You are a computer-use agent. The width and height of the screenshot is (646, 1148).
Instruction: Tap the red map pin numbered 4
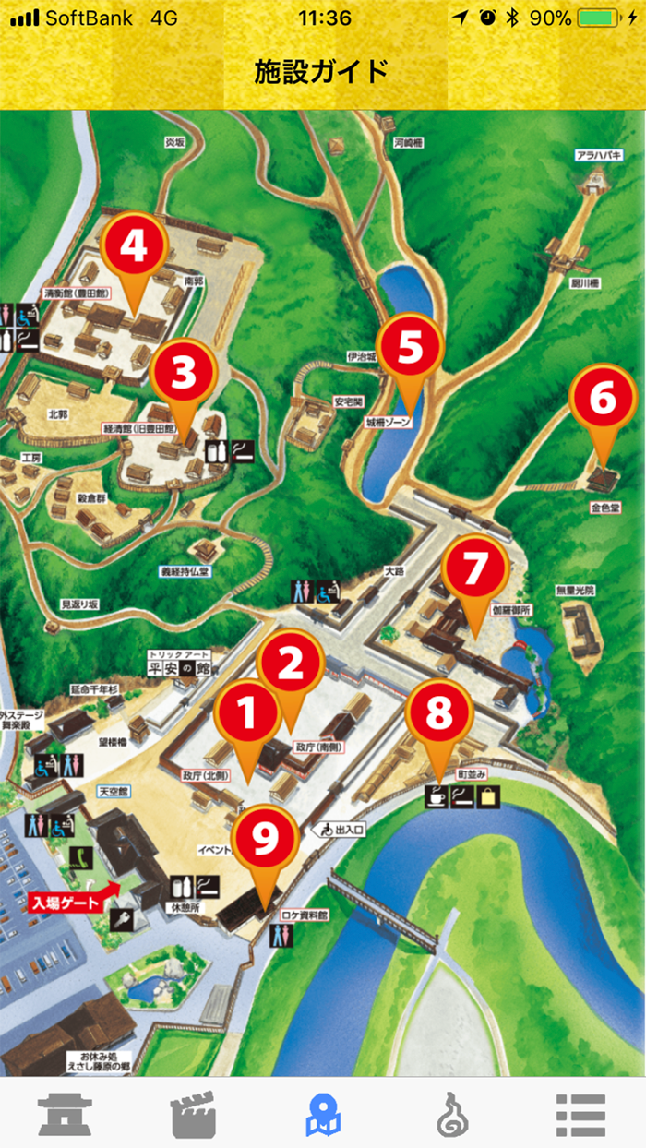134,246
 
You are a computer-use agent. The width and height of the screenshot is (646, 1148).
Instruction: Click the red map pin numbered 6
604,399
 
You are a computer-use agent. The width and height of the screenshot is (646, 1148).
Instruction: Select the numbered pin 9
265,837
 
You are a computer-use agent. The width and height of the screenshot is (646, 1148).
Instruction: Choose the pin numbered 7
473,569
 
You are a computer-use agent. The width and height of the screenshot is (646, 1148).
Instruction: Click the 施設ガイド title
322,70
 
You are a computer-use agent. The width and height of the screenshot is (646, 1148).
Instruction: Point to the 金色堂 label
604,507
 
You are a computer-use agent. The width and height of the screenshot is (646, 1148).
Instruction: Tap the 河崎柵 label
407,142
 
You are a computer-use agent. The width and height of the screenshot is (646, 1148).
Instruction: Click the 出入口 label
342,830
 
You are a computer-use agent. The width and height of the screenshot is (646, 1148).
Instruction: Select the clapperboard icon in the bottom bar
194,1114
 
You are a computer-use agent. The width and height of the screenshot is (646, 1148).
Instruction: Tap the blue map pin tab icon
323,1114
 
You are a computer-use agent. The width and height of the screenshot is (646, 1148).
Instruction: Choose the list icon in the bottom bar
580,1114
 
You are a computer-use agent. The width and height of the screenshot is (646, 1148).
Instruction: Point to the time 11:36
325,18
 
